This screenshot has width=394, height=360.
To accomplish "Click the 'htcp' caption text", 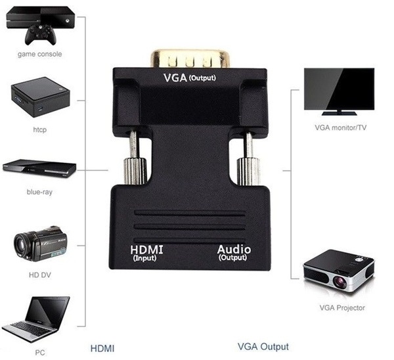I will click(39, 129).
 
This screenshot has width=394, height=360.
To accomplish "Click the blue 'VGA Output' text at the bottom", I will click(262, 346).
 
